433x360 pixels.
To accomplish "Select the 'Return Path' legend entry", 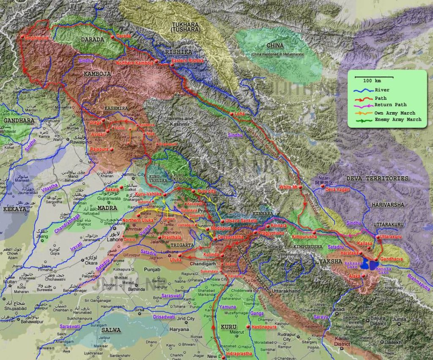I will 390,104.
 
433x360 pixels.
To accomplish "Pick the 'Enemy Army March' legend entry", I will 397,120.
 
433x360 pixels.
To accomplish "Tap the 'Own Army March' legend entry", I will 395,113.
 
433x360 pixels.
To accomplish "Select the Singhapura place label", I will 37,38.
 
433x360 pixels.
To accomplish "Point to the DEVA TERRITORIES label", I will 378,179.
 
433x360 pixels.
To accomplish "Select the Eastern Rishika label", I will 187,61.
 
